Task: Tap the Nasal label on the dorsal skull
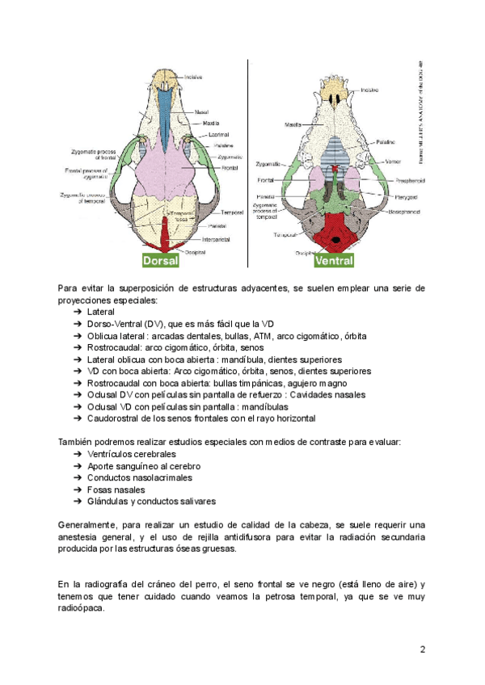point(202,111)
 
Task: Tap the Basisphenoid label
point(407,211)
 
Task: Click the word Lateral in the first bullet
point(101,311)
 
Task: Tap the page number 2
point(422,649)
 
